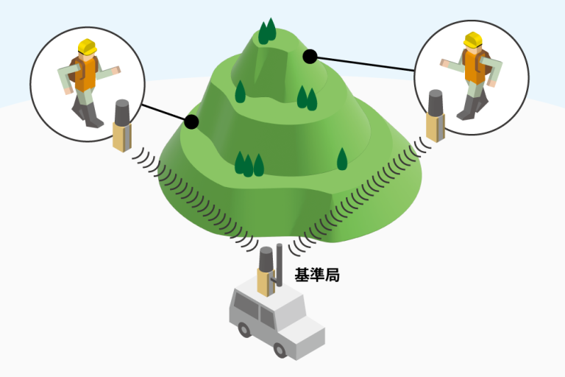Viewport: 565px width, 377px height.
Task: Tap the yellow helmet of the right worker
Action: click(472, 39)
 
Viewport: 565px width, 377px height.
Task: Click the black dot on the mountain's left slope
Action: click(192, 121)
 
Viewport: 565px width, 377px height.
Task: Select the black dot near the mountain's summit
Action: click(310, 55)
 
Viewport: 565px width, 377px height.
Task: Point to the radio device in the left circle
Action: click(121, 126)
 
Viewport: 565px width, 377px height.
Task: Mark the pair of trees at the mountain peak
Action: click(267, 31)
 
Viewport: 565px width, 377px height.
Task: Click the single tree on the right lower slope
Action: click(341, 159)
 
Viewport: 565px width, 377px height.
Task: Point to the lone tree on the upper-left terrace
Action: click(240, 91)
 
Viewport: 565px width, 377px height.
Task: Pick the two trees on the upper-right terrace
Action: click(306, 97)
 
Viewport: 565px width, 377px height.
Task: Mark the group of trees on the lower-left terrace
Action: click(248, 164)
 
